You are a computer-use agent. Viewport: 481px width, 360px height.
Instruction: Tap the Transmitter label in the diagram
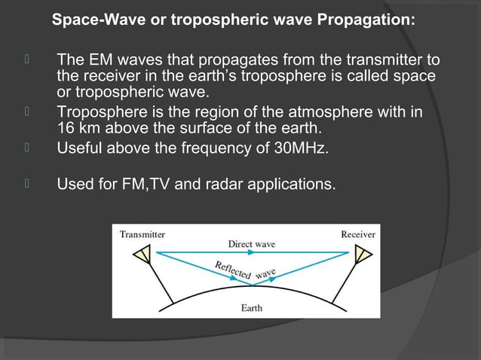pos(142,234)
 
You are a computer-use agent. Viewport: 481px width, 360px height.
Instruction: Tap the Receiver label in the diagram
pos(358,234)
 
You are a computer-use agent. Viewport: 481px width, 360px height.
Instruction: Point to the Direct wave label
pos(252,244)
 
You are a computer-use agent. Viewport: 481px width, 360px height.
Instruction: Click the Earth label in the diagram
pos(252,308)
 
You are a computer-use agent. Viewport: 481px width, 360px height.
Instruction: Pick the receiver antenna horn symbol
pos(363,256)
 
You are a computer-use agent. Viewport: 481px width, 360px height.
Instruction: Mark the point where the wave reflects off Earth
pos(252,287)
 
